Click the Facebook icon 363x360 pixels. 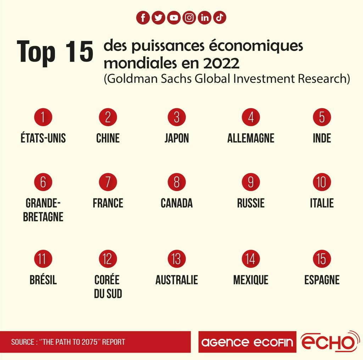143,18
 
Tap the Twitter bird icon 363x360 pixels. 158,18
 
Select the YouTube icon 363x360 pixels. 174,18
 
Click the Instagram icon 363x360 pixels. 189,18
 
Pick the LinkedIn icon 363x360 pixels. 205,18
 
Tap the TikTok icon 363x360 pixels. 220,18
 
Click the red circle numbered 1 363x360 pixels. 43,117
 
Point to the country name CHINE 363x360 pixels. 108,138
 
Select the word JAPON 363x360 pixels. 177,138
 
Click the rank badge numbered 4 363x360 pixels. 251,117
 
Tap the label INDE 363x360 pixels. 322,138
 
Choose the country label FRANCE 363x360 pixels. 108,203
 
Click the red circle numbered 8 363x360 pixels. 177,182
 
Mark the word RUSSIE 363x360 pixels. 251,203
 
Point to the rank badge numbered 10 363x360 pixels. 322,182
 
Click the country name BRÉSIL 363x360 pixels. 43,280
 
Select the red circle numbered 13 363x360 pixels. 177,259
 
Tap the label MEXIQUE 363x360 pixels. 251,280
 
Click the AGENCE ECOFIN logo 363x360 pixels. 247,342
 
